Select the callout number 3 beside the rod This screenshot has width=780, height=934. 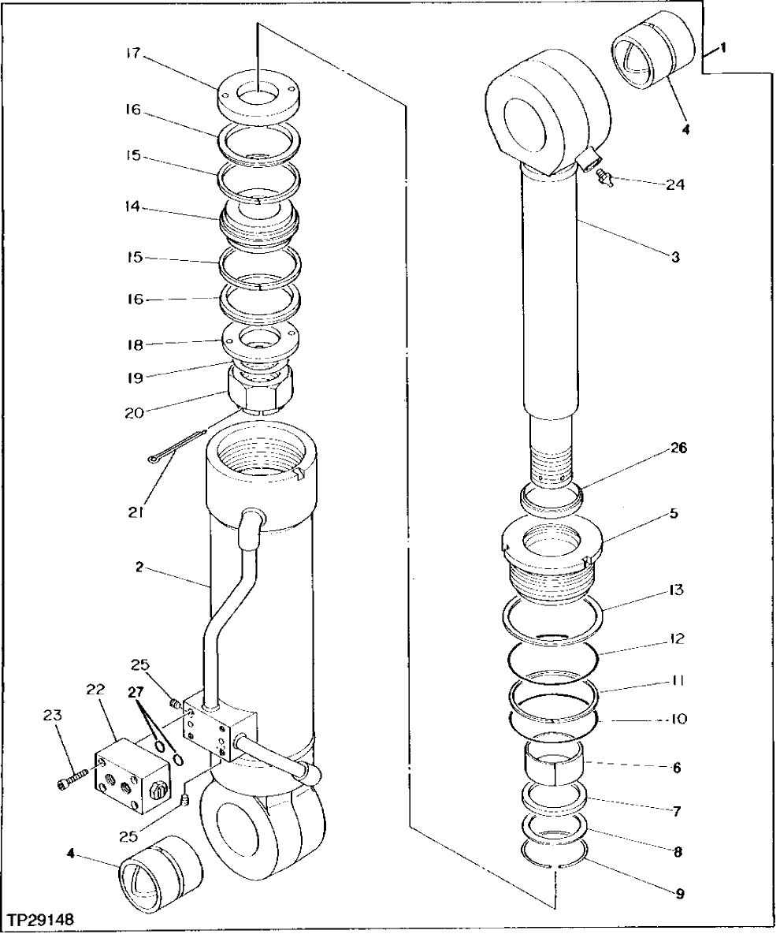(675, 257)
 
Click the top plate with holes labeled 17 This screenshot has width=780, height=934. (258, 95)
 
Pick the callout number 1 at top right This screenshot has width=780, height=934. (722, 48)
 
